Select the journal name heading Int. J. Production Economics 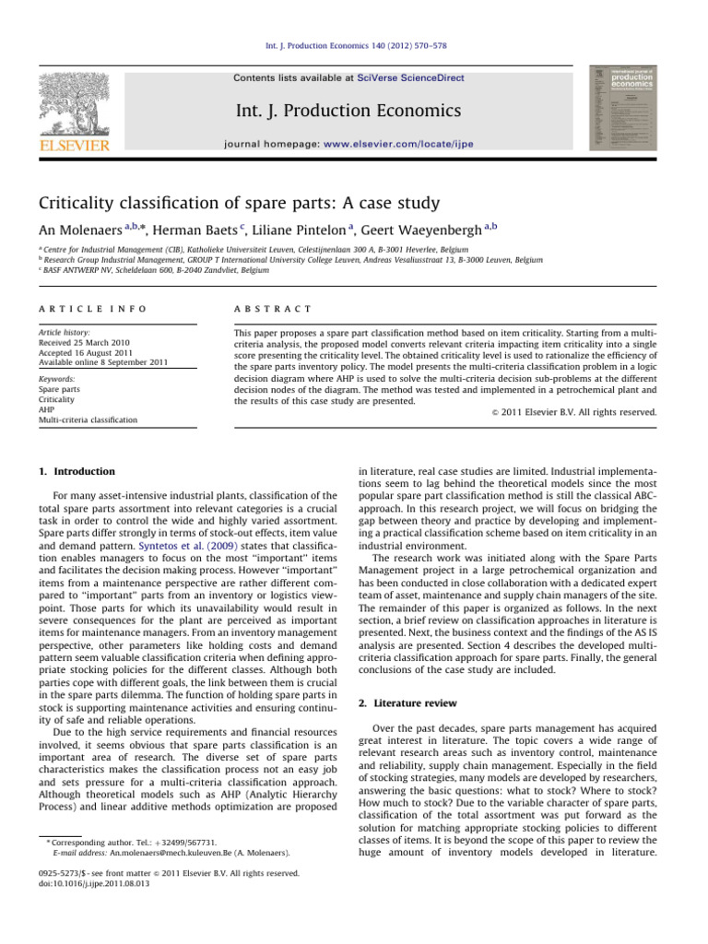click(x=354, y=112)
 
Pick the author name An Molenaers click(x=88, y=230)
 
